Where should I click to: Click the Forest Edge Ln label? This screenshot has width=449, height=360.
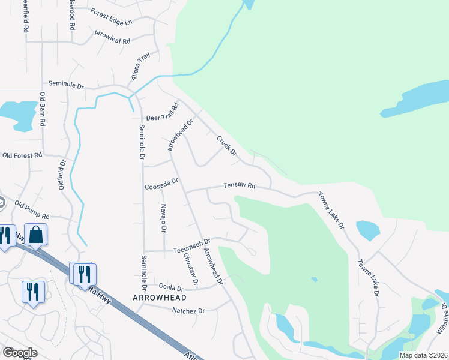tap(111, 17)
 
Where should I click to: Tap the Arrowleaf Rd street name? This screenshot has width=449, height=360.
tap(112, 37)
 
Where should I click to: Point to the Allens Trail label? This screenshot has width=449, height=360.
tap(140, 68)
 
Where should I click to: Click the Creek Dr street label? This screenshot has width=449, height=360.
tap(227, 145)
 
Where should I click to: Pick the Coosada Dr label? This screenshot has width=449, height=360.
tap(161, 184)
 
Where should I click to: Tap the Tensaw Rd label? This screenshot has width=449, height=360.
tap(239, 187)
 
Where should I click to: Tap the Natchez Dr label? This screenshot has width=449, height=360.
tap(188, 311)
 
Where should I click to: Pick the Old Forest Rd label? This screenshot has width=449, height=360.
tap(22, 155)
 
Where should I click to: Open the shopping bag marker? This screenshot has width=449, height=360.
tap(36, 235)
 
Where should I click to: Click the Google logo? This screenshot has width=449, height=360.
tap(20, 353)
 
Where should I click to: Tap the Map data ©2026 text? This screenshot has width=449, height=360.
tap(423, 355)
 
